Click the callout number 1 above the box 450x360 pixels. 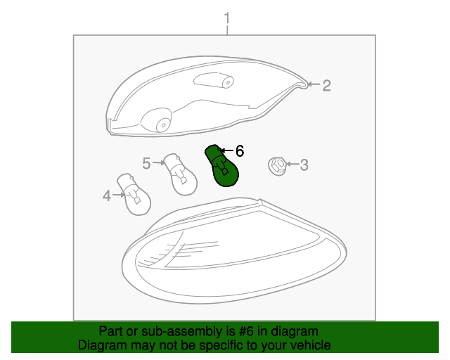[x=227, y=18]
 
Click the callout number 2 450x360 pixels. [x=326, y=86]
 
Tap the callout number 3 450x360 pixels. [x=304, y=165]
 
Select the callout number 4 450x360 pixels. [x=107, y=195]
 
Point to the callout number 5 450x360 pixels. [x=146, y=163]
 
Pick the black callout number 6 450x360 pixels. [x=240, y=150]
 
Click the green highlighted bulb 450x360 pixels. [x=221, y=165]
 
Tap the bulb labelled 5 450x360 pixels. [x=180, y=174]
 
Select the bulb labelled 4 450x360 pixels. [x=134, y=194]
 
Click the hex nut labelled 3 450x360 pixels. [x=278, y=166]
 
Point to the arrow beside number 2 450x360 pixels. [x=314, y=84]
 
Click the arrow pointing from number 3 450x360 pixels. [x=292, y=164]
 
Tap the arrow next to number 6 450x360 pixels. [x=226, y=150]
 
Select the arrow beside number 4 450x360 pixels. [x=119, y=195]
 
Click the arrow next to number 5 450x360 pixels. [x=159, y=163]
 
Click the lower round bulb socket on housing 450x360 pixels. [x=157, y=120]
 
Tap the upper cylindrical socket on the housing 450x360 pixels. [x=214, y=80]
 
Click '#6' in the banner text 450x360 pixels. [x=246, y=332]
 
